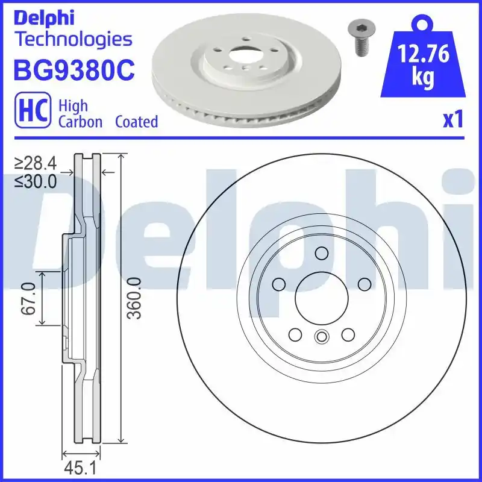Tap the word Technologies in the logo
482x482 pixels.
coord(72,40)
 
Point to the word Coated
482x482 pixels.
coord(136,122)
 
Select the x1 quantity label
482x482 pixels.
coord(452,120)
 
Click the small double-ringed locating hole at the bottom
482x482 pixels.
coord(321,337)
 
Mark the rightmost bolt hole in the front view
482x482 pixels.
coord(364,284)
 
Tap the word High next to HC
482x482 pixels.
coord(72,106)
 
